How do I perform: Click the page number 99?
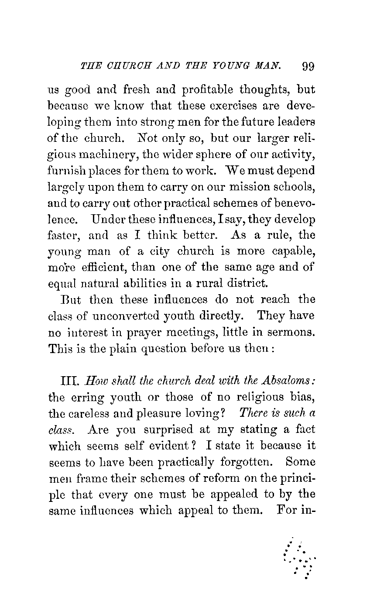pyautogui.click(x=308, y=66)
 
